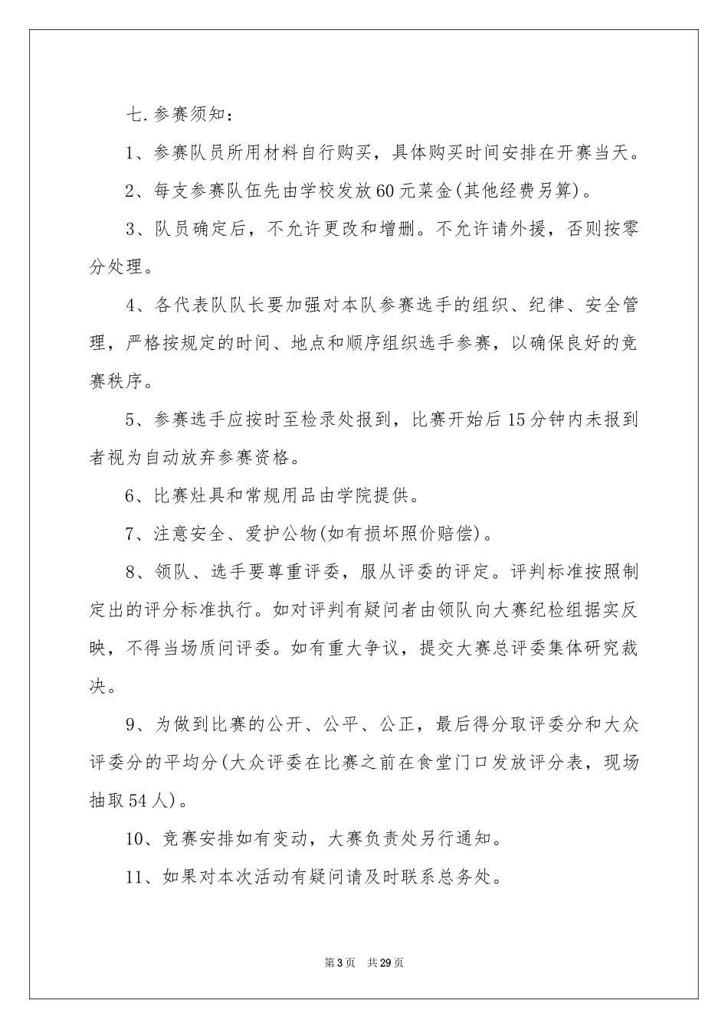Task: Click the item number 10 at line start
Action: pyautogui.click(x=136, y=839)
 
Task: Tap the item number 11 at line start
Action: pyautogui.click(x=136, y=877)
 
